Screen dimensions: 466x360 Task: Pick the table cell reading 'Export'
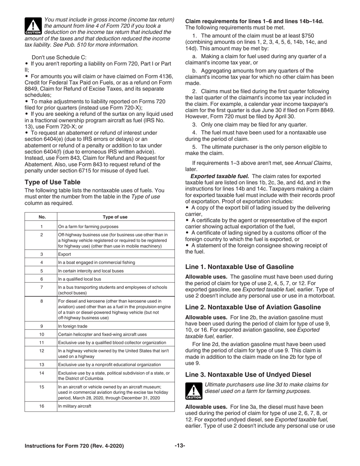coord(64,254)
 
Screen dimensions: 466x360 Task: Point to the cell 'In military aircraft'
coord(75,406)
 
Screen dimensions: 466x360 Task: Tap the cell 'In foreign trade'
coord(72,326)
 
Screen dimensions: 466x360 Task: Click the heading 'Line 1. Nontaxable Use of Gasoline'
coord(239,267)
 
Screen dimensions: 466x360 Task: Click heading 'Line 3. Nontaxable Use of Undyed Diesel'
coord(248,374)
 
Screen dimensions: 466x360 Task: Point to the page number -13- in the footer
coord(180,446)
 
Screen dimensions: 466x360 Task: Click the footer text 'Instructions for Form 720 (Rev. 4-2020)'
coord(74,446)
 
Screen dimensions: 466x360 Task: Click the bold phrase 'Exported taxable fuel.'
coord(219,176)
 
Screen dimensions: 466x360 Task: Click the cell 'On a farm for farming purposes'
coord(88,226)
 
